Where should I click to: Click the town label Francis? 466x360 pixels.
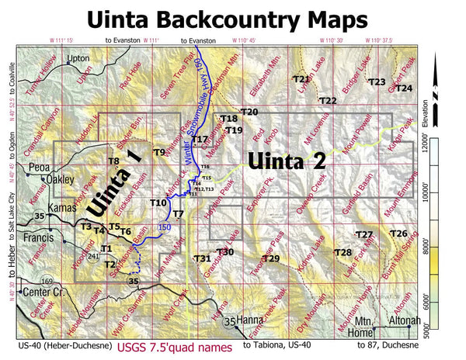coord(37,237)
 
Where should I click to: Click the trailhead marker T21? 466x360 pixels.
coord(301,79)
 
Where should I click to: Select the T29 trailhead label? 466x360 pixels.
coord(270,258)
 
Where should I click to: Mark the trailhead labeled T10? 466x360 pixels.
coord(157,203)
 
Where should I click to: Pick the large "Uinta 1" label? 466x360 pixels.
coord(115,182)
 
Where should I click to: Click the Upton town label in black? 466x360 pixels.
coord(79,58)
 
